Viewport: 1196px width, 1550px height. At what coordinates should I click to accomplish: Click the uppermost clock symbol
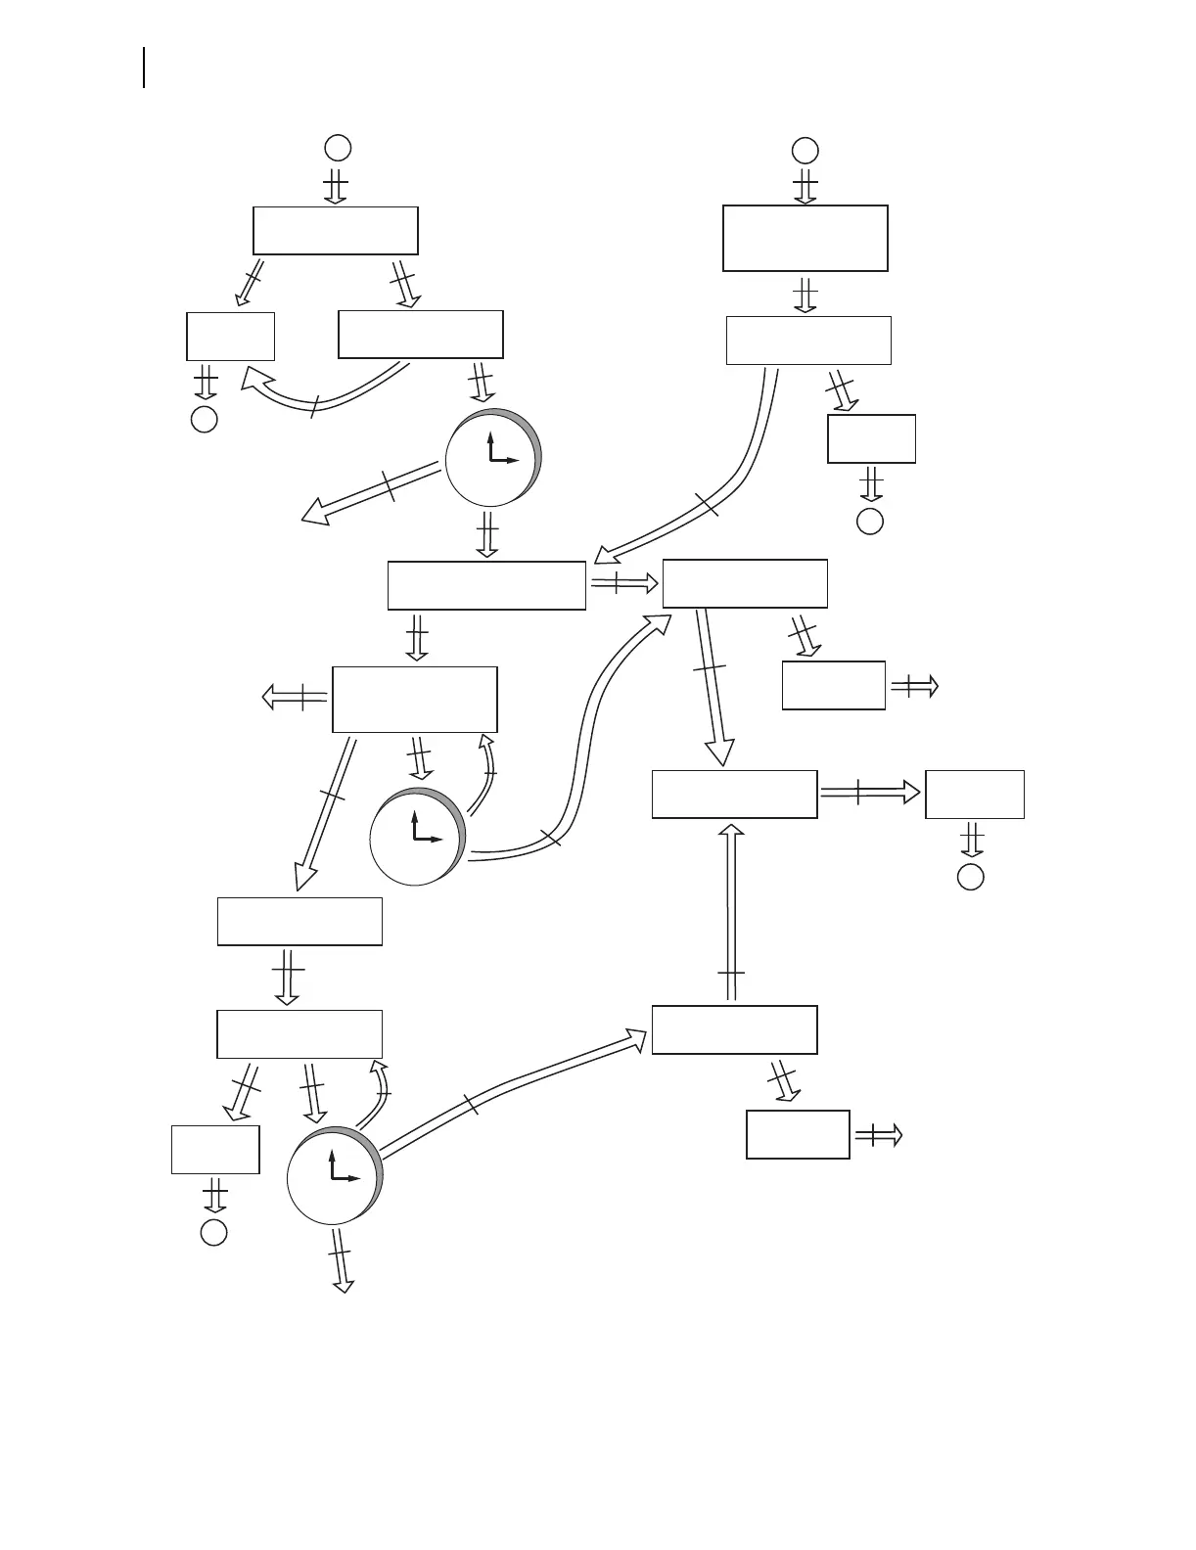tap(491, 458)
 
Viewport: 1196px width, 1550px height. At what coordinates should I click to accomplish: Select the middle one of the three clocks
tap(417, 837)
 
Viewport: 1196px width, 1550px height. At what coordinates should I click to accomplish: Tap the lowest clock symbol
tap(334, 1175)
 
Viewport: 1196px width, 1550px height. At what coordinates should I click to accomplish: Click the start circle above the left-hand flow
tap(338, 148)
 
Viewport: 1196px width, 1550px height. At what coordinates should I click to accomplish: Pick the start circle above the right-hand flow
tap(805, 150)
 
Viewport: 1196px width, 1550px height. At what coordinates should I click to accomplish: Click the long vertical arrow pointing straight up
tap(730, 910)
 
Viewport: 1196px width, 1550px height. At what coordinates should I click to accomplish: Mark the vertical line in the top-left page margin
tap(145, 67)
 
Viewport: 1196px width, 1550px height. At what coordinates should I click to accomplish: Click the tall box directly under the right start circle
tap(805, 238)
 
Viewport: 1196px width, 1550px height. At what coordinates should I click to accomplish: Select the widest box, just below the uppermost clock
tap(486, 585)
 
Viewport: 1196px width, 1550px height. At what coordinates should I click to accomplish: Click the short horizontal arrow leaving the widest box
tap(623, 584)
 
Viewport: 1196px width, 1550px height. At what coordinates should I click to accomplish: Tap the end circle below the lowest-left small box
tap(214, 1232)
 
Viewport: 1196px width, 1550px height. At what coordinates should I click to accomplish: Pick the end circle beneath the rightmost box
tap(970, 876)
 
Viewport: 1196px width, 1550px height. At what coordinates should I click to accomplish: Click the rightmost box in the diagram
tap(974, 795)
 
